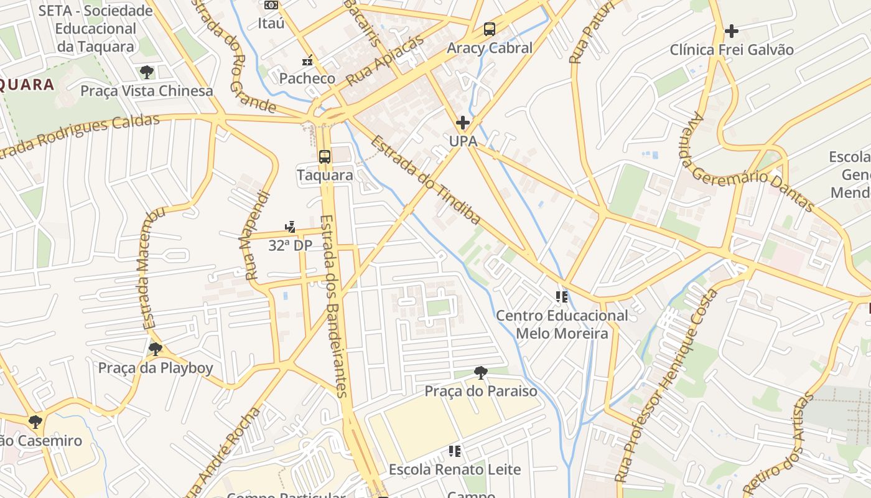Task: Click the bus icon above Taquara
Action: point(324,157)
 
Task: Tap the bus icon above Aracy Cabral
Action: point(490,29)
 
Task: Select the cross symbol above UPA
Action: point(463,123)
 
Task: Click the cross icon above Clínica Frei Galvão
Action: point(732,31)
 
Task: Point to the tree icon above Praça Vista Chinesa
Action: point(147,72)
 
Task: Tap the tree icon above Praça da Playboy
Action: point(156,349)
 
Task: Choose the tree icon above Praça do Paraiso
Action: point(480,373)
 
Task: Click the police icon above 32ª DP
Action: point(290,227)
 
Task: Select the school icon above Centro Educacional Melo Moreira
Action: point(562,297)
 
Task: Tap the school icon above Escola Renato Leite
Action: point(455,451)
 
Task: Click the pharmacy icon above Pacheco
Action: point(307,60)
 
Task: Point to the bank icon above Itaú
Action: point(271,5)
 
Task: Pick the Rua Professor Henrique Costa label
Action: point(666,386)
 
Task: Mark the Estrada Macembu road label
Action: point(152,268)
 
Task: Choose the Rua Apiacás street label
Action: point(384,60)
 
